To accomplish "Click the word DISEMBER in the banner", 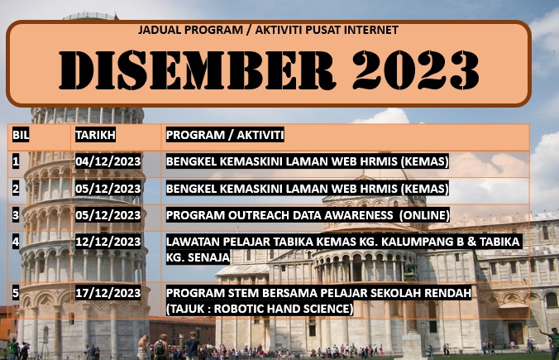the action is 197,70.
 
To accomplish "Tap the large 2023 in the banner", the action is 416,70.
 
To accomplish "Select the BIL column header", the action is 21,135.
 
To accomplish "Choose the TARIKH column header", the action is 96,135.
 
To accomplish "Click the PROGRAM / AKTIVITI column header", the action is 225,135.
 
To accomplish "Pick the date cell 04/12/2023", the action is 108,161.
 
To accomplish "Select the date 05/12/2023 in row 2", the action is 108,189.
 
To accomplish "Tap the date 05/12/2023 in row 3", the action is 108,215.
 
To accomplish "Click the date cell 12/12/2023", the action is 108,242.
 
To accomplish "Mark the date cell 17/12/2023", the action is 108,293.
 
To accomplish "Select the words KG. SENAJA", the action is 198,257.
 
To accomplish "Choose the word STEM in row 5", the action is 243,293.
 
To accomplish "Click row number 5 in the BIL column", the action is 16,293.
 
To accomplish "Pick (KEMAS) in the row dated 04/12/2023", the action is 424,161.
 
